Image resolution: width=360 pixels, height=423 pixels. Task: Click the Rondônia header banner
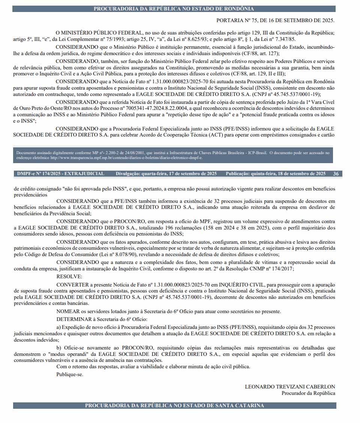tap(174, 9)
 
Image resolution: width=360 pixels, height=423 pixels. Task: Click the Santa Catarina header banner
tap(174, 405)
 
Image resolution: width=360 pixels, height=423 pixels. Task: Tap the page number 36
tap(336, 174)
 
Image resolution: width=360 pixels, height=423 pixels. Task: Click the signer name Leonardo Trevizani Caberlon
tap(290, 387)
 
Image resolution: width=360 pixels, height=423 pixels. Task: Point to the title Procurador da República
tap(308, 393)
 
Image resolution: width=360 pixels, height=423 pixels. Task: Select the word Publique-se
tap(70, 374)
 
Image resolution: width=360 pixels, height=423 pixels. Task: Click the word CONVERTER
tap(73, 284)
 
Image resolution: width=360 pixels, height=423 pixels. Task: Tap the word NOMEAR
tap(67, 312)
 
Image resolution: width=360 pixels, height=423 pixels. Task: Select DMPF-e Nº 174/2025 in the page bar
tap(40, 174)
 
